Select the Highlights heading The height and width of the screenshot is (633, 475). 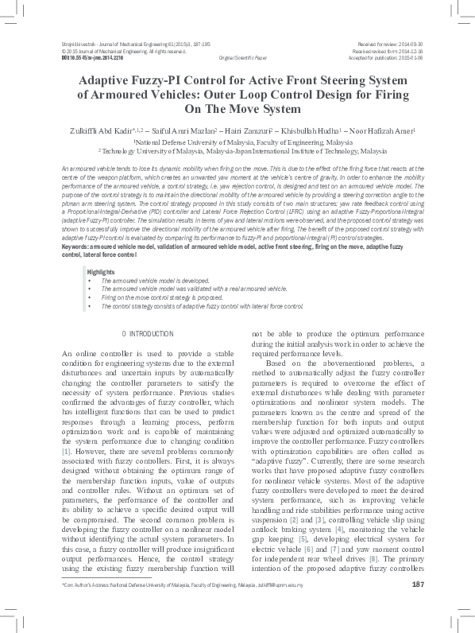(x=100, y=273)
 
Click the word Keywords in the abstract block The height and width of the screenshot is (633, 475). (x=79, y=247)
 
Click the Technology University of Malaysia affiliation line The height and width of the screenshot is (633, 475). (x=237, y=149)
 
